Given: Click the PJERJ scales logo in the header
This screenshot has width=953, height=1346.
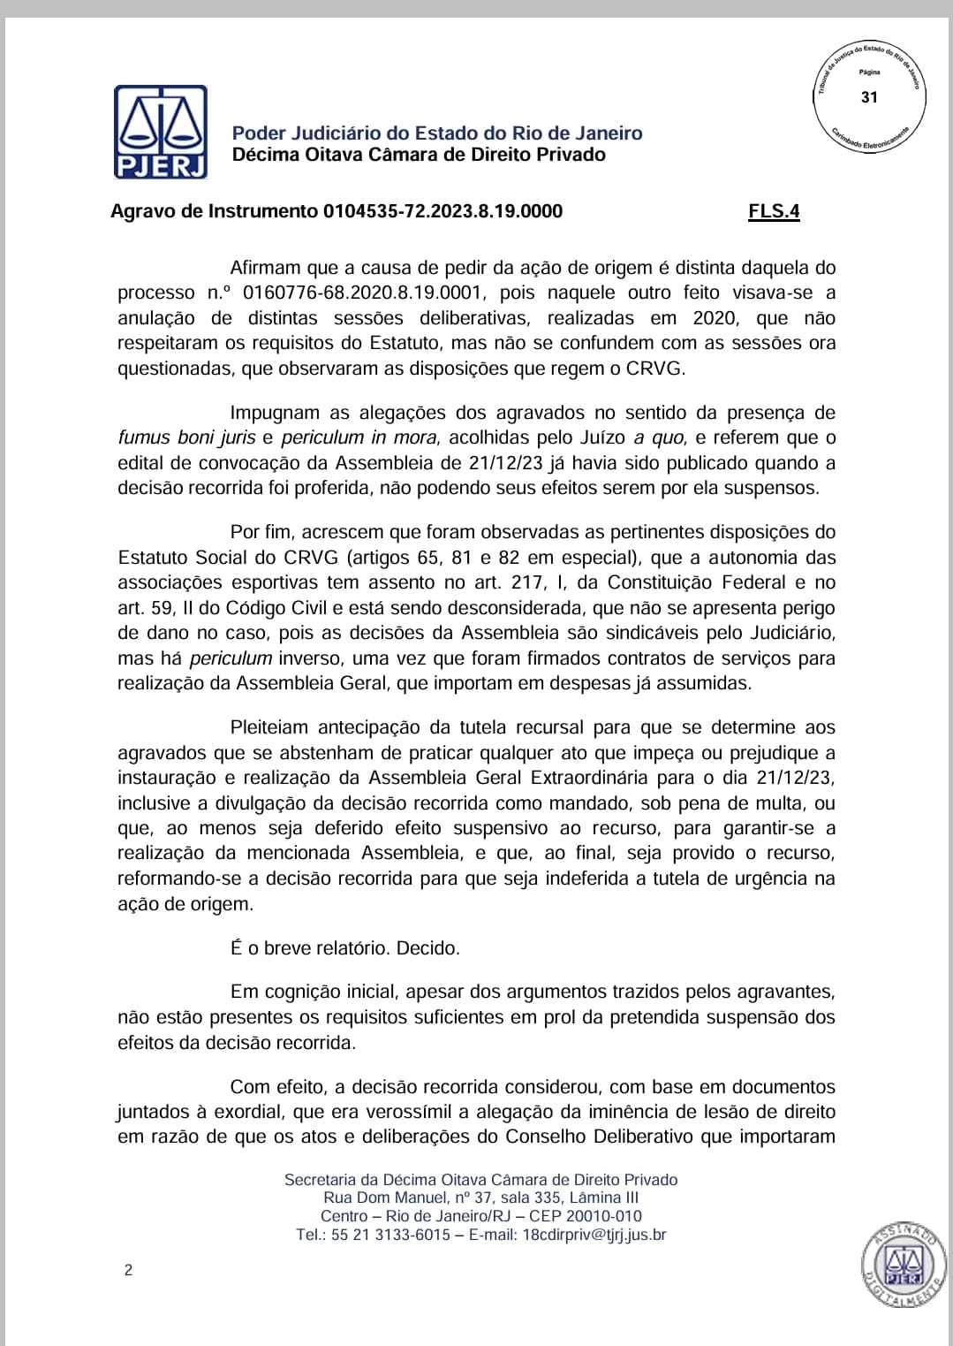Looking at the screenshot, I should coord(160,132).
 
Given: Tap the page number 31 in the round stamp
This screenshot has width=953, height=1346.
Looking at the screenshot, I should coord(869,97).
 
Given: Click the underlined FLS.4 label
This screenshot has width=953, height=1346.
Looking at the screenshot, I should coord(774,211).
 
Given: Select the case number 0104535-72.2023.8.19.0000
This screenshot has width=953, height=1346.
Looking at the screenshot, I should coord(442,211).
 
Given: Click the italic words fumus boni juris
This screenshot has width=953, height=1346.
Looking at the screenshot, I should coord(185,437).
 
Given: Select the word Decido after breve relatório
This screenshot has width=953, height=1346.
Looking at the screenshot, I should coord(428,948).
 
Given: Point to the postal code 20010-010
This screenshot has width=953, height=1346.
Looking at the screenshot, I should coord(609,1216).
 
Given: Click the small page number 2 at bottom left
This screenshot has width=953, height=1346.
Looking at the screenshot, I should coord(129,1271).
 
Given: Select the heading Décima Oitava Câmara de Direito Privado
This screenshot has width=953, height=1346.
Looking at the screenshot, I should coord(419,155).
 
